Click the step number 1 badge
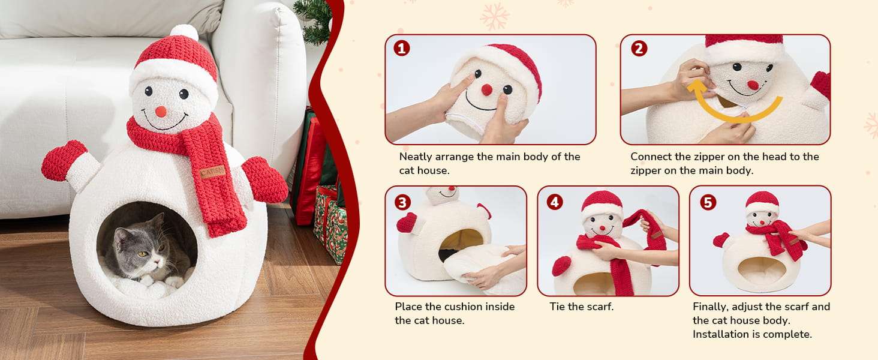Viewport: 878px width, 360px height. [401, 48]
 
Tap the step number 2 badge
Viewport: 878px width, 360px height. [639, 48]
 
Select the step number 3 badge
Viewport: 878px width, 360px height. [402, 202]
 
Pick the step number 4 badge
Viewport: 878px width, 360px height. [555, 202]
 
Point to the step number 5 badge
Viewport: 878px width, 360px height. [708, 202]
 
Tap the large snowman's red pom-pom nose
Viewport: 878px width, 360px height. [161, 112]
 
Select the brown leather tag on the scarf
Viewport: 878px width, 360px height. [212, 172]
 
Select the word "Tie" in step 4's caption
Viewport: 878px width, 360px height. [557, 306]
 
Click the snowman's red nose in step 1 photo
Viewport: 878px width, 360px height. [486, 90]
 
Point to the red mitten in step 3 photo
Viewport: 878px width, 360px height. [407, 223]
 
